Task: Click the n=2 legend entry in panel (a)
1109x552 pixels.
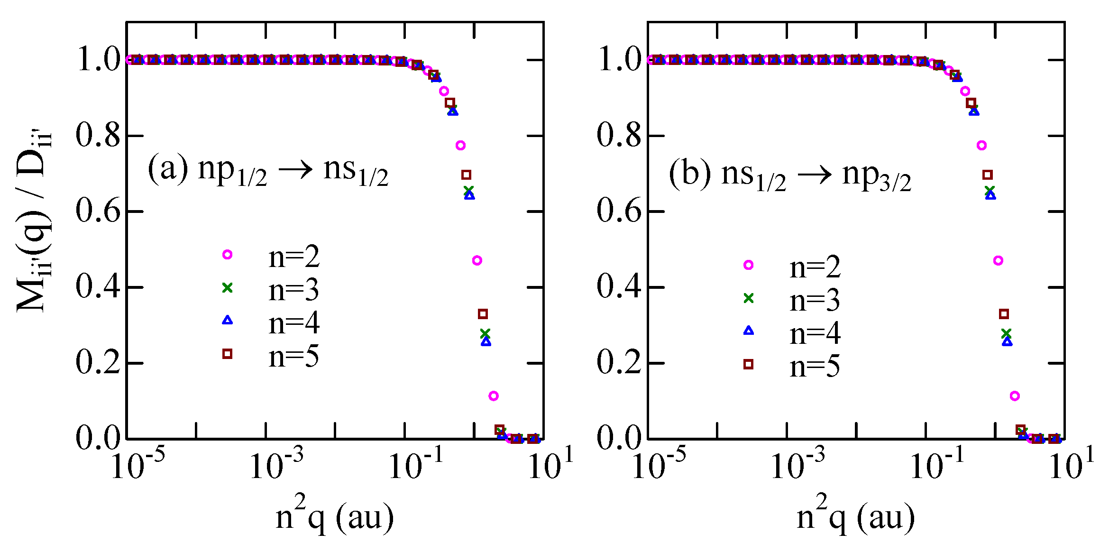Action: pyautogui.click(x=293, y=257)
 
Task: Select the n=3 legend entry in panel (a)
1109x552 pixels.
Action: pyautogui.click(x=293, y=290)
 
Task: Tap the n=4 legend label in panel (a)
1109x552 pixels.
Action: pyautogui.click(x=293, y=323)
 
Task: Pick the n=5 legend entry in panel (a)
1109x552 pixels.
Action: pyautogui.click(x=293, y=356)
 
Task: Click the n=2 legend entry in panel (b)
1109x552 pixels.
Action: pyautogui.click(x=815, y=267)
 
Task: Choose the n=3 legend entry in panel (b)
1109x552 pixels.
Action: pyautogui.click(x=815, y=300)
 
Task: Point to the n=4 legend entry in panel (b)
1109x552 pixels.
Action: pyautogui.click(x=815, y=333)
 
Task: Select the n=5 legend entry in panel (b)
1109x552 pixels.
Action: pyautogui.click(x=815, y=366)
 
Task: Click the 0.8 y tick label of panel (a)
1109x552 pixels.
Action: pyautogui.click(x=98, y=136)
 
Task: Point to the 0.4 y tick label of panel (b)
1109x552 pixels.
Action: pyautogui.click(x=619, y=287)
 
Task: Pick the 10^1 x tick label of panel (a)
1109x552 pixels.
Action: pyautogui.click(x=550, y=465)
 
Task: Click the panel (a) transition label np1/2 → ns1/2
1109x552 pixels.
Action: pyautogui.click(x=268, y=171)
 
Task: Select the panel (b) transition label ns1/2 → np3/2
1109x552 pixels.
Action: pyautogui.click(x=790, y=175)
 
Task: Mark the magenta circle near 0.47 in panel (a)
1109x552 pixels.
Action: pyautogui.click(x=477, y=260)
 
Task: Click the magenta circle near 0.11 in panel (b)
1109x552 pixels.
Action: pyautogui.click(x=1015, y=396)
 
